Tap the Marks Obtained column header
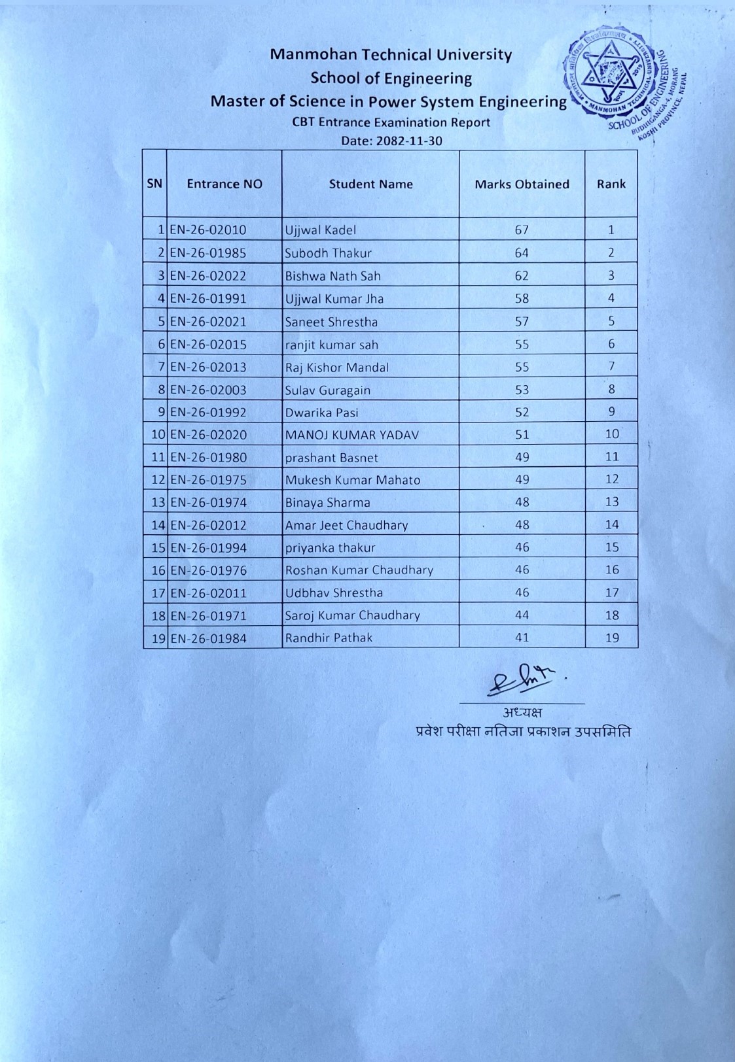[x=522, y=184]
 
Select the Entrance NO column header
[x=224, y=184]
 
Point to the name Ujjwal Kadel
[x=320, y=230]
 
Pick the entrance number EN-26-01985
[x=208, y=253]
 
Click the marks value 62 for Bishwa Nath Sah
[x=522, y=276]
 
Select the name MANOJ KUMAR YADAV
[x=351, y=435]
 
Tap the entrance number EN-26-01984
[x=208, y=638]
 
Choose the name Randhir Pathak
[x=328, y=638]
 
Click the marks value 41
[x=522, y=638]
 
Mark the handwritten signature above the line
[x=521, y=683]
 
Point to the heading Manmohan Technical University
[x=391, y=54]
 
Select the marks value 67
[x=522, y=230]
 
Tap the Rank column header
[x=611, y=184]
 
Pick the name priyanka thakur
[x=330, y=548]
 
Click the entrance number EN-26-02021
[x=208, y=322]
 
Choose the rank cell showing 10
[x=611, y=434]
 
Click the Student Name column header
[x=370, y=184]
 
